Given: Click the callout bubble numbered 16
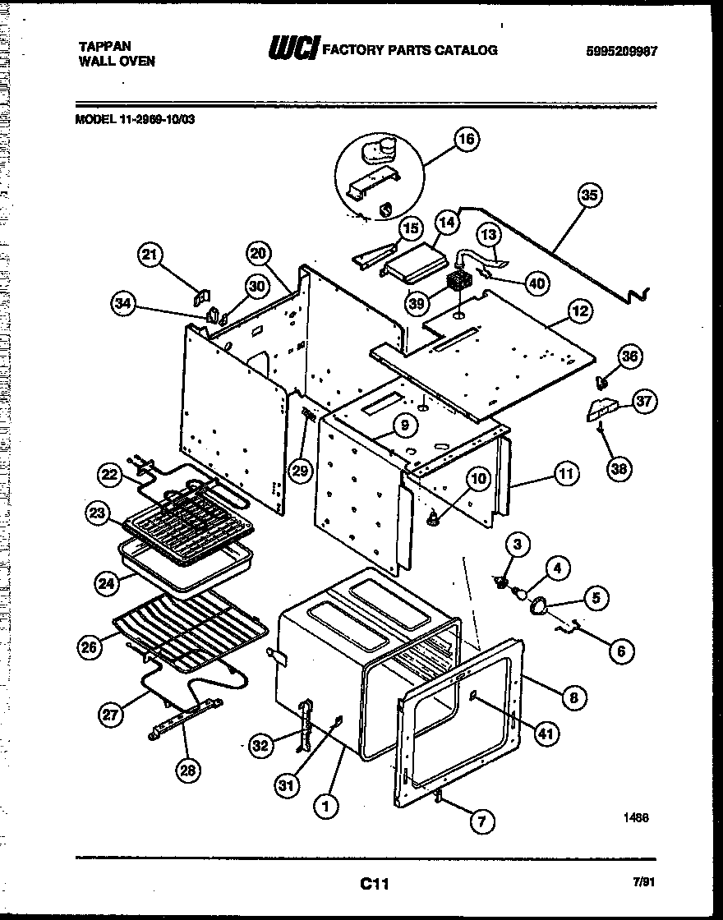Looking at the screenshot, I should (x=465, y=139).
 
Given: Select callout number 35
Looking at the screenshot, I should (x=589, y=195).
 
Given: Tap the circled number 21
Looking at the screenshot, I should (x=150, y=255).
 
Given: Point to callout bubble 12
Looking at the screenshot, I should (x=580, y=311).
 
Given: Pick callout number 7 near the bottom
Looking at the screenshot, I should (x=482, y=820).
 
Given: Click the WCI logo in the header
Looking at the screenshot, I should (x=292, y=50).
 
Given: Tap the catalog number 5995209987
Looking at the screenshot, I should (x=623, y=51).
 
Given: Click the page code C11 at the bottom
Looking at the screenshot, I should (x=373, y=884).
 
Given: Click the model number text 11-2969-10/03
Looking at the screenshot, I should (x=159, y=117).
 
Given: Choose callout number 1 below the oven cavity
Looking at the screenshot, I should (x=326, y=807).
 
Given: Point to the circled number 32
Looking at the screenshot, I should (x=261, y=746).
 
